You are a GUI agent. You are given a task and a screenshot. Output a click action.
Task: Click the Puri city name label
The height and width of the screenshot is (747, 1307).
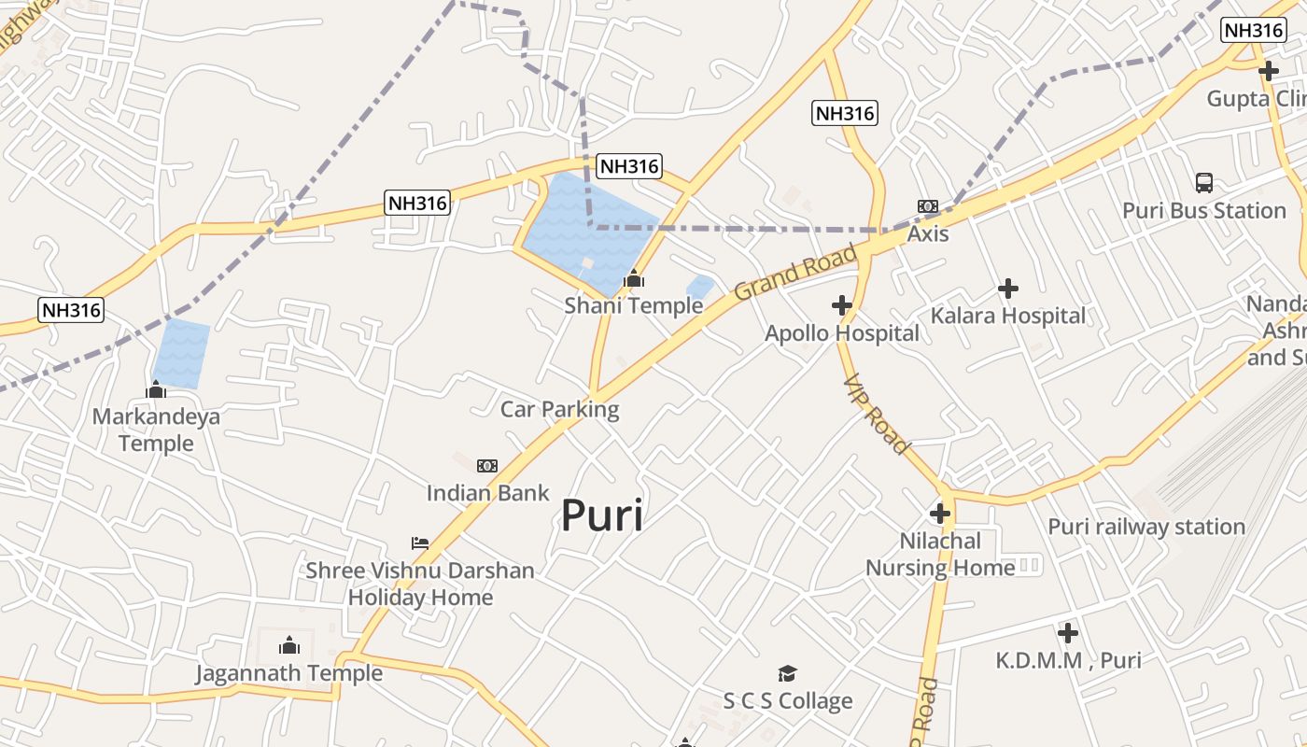coord(602,514)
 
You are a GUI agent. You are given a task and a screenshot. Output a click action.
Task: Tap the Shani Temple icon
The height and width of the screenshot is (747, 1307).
coord(634,278)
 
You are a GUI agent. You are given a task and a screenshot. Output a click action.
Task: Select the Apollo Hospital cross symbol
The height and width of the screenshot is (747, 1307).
coord(842,305)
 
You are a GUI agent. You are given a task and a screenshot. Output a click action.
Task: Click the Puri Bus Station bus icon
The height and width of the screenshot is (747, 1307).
coord(1204,183)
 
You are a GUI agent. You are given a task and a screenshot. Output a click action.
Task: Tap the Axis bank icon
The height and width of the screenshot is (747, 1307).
coord(927,205)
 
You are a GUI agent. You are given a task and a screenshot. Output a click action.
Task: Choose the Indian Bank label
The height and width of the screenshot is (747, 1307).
coord(488,492)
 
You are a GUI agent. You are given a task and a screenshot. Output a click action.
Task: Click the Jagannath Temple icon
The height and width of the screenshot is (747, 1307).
coord(289,645)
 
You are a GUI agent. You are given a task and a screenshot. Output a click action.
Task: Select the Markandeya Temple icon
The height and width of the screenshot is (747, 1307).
coord(156,389)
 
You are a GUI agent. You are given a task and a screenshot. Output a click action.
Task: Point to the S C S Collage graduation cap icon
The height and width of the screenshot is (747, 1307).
coord(788,673)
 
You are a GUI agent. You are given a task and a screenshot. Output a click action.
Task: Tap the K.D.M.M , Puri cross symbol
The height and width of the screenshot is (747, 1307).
coord(1068,633)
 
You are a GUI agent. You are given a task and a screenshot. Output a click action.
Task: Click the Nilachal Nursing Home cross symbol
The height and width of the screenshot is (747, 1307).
coord(940,514)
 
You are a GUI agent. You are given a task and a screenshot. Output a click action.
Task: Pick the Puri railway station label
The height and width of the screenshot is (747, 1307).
coord(1146,527)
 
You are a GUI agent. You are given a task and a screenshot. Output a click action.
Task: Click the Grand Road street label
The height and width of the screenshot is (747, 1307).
coord(795,272)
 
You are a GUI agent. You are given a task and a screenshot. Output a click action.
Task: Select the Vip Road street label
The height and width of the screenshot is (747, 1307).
coord(876,415)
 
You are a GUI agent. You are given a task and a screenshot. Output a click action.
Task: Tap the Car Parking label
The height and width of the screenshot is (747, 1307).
coord(559,409)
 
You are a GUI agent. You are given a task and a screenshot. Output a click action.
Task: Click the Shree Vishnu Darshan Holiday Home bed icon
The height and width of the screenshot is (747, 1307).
coord(420,543)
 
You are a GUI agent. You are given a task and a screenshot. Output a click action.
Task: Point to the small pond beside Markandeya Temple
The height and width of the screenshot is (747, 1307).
coord(181,353)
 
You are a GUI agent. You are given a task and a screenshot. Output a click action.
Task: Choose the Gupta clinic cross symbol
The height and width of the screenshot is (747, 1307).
coord(1268,71)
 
